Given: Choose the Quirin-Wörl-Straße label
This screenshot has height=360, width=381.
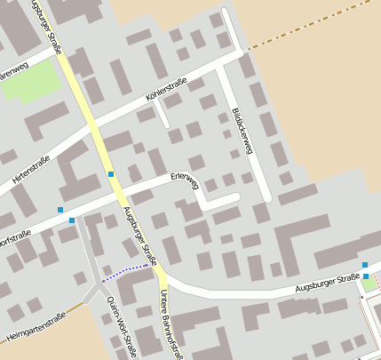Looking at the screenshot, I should [126, 330].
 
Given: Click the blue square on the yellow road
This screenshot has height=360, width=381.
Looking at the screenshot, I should [111, 174].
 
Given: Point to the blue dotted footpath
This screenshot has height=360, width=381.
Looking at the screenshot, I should [124, 273].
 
